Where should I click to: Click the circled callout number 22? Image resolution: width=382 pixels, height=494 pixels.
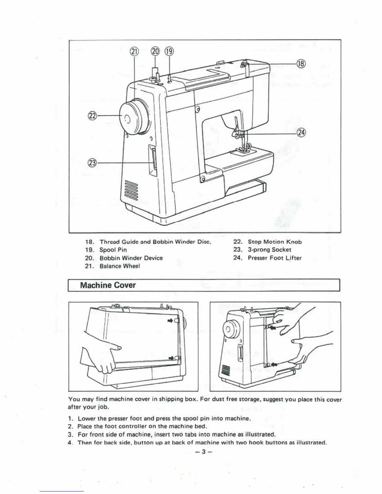pyautogui.click(x=92, y=116)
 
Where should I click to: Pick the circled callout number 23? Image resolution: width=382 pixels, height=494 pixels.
pyautogui.click(x=92, y=163)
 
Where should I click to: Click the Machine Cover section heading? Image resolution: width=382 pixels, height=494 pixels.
pyautogui.click(x=108, y=285)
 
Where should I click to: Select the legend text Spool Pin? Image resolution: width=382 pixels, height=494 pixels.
pyautogui.click(x=113, y=250)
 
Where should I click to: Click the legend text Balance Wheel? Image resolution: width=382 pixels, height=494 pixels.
pyautogui.click(x=120, y=266)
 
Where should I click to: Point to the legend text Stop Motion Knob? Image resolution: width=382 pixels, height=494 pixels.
pyautogui.click(x=275, y=242)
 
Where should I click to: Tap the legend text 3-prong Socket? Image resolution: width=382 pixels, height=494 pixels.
pyautogui.click(x=269, y=250)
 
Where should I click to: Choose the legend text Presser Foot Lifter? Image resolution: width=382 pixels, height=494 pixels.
pyautogui.click(x=275, y=258)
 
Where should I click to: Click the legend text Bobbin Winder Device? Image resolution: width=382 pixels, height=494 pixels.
pyautogui.click(x=131, y=258)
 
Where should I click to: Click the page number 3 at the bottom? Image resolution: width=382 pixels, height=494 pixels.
pyautogui.click(x=203, y=451)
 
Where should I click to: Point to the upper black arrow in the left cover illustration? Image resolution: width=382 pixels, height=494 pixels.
pyautogui.click(x=171, y=320)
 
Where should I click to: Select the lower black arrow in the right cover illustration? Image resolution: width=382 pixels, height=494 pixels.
pyautogui.click(x=274, y=364)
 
